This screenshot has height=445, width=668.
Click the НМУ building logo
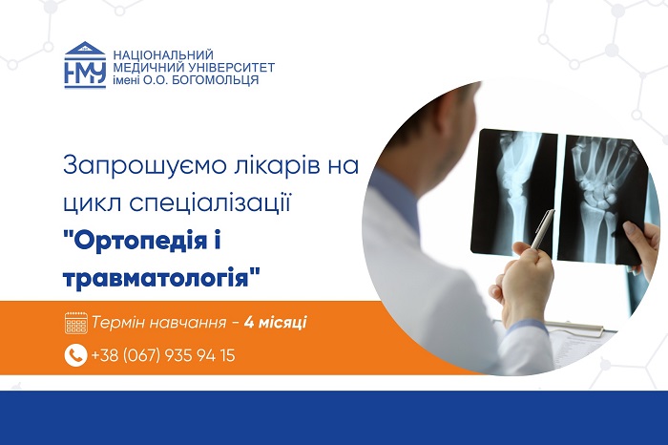[x=85, y=65]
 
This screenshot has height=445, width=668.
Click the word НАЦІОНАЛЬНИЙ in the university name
[x=163, y=55]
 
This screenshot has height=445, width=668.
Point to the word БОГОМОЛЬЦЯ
[x=215, y=79]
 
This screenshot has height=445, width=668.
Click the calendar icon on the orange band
[x=75, y=323]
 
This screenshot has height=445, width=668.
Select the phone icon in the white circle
[x=75, y=355]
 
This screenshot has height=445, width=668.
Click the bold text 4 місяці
[x=276, y=322]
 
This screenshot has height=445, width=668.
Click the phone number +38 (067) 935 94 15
[x=163, y=355]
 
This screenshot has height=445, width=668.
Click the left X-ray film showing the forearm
[x=514, y=194]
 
